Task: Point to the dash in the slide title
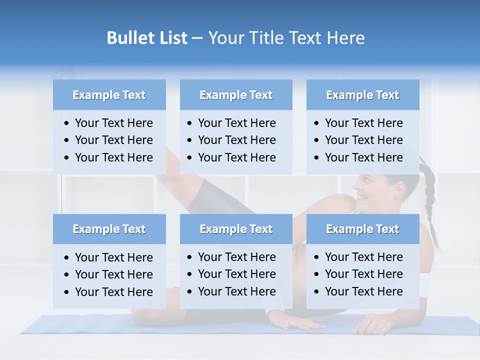197,38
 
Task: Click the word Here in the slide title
345,38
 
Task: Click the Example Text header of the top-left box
109,95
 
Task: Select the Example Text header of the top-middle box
236,95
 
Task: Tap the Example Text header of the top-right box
362,95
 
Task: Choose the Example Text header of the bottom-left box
109,229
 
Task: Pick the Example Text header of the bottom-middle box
236,229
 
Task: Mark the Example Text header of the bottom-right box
362,229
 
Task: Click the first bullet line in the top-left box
113,123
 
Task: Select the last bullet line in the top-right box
363,157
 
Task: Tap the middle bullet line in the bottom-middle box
236,274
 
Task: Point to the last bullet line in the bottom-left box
113,292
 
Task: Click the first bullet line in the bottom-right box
363,257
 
